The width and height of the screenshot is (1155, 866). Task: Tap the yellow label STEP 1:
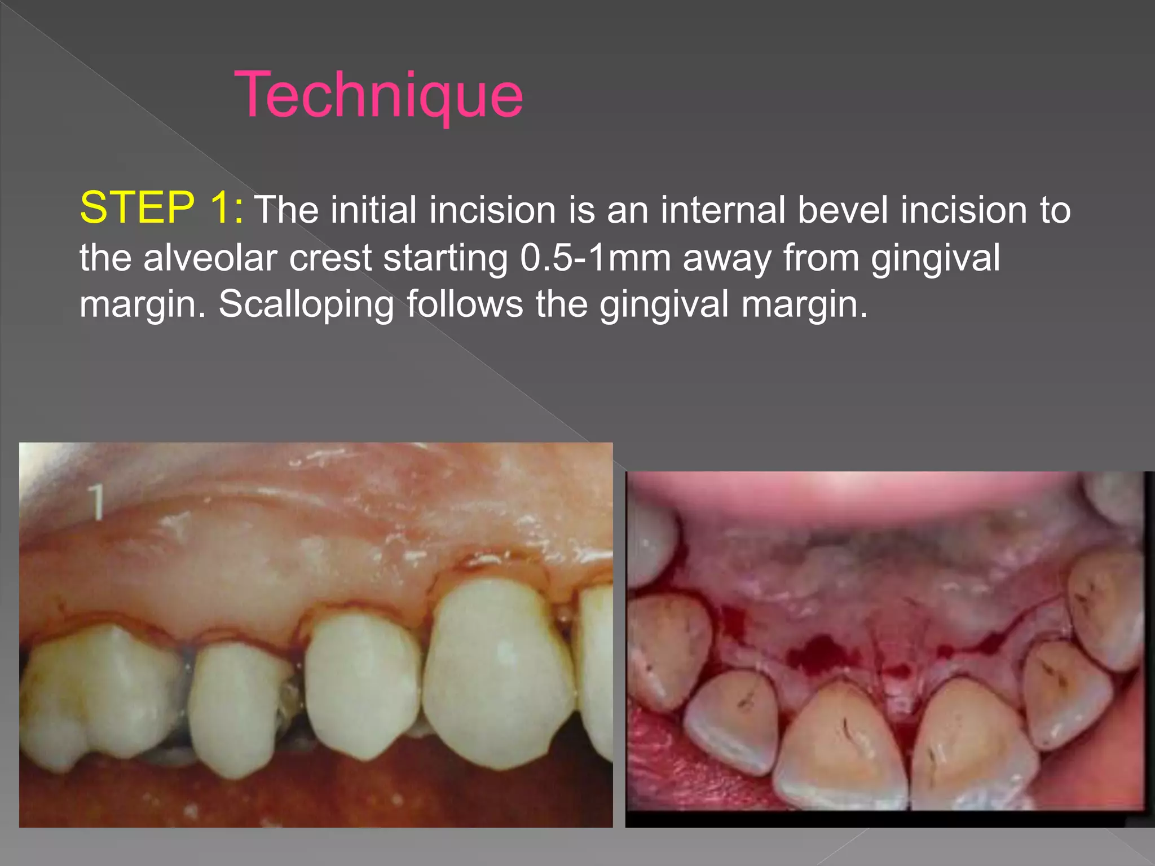click(x=162, y=208)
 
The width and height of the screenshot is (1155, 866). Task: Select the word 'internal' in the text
click(x=722, y=210)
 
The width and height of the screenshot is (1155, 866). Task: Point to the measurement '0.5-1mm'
click(x=595, y=258)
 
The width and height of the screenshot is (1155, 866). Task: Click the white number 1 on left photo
click(x=97, y=501)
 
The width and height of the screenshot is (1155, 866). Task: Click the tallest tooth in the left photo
click(x=500, y=671)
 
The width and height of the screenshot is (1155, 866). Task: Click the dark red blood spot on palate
click(x=821, y=653)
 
